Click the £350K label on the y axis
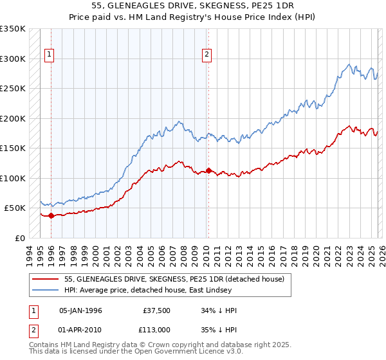pyautogui.click(x=13, y=29)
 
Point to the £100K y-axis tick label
pyautogui.click(x=13, y=178)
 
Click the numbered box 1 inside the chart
pyautogui.click(x=50, y=55)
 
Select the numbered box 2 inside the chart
pyautogui.click(x=207, y=55)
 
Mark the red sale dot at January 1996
pyautogui.click(x=51, y=216)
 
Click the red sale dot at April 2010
pyautogui.click(x=208, y=171)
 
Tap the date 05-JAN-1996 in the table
pyautogui.click(x=80, y=310)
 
